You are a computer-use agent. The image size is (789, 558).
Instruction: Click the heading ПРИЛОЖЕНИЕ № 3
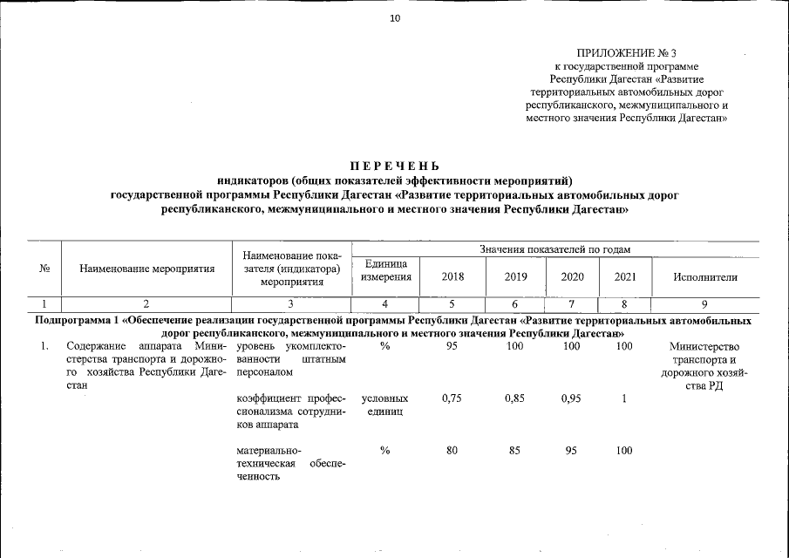627,54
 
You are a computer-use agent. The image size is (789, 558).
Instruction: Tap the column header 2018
452,277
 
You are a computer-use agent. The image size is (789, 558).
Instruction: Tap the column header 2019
515,277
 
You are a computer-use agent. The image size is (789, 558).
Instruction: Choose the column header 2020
572,277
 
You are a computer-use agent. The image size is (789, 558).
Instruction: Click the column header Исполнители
705,277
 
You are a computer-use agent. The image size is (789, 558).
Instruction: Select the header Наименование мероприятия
146,269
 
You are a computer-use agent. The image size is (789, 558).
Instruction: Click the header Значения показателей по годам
554,250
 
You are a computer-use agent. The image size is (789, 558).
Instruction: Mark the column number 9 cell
705,303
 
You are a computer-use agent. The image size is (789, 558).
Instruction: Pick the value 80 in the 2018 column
452,451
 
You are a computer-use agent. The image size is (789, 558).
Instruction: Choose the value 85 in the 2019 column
514,451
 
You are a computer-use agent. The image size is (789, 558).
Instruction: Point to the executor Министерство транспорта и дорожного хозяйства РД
704,367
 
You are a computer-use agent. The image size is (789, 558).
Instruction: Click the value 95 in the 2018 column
452,346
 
